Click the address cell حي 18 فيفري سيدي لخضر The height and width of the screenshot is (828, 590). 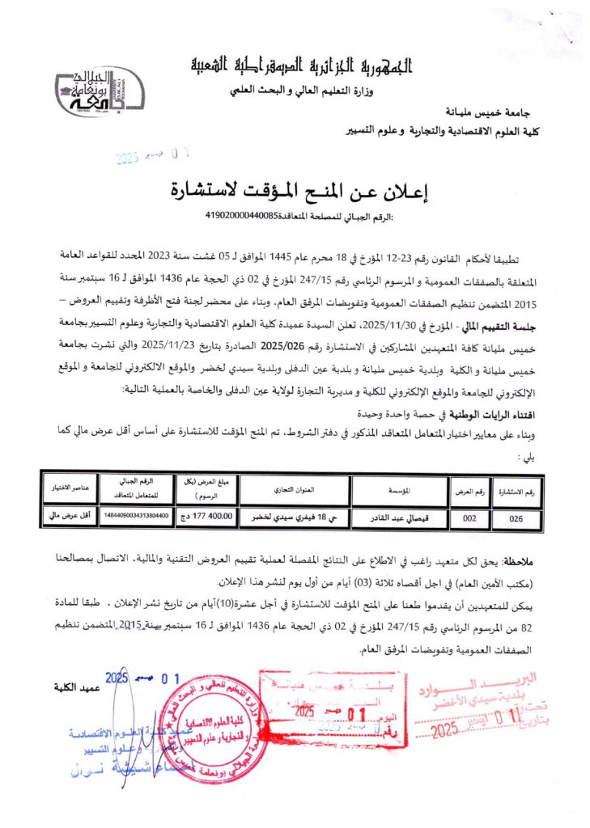tap(295, 516)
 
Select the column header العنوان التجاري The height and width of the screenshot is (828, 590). tap(295, 490)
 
